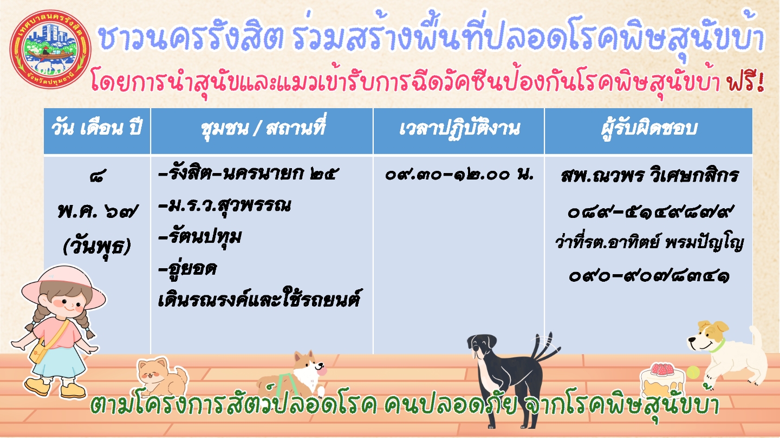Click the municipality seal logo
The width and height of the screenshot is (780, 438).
pos(50,49)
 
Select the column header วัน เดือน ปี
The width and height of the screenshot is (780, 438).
pos(97,128)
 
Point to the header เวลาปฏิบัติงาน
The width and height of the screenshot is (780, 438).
pos(459,128)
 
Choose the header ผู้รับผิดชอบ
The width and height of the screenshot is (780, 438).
pos(649,128)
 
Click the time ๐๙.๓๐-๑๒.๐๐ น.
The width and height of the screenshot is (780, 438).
pos(459,174)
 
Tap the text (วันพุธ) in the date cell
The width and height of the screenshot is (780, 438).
pos(97,246)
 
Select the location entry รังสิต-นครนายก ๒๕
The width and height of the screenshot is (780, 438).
pos(246,174)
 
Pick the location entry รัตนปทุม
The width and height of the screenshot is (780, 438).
pos(200,237)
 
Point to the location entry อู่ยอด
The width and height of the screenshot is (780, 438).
pos(187,268)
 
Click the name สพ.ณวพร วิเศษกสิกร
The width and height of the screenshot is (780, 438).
pos(649,175)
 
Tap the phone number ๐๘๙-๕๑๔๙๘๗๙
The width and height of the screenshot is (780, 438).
pos(649,211)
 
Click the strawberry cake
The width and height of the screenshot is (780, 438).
pos(661,379)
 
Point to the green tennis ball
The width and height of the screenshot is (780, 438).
pos(693,373)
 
